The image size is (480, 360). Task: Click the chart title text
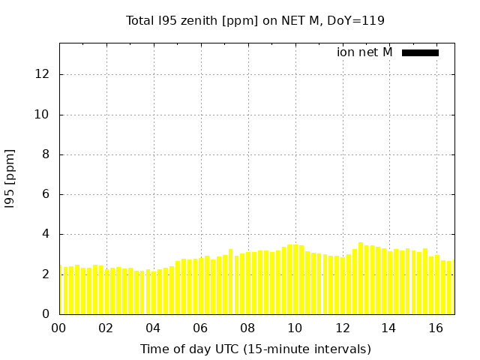(255, 20)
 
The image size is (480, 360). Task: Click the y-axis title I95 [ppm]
(10, 178)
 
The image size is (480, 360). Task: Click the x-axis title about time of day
(255, 349)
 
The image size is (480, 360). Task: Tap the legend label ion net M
(364, 52)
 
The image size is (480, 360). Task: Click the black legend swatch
(420, 52)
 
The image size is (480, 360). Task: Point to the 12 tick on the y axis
(42, 75)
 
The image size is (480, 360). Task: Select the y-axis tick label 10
(42, 115)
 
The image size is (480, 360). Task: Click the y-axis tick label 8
(46, 154)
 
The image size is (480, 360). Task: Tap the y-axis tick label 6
(46, 194)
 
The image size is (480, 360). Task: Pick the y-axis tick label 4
(46, 234)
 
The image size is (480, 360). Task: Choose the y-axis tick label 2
(46, 274)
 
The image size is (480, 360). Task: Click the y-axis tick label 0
(46, 314)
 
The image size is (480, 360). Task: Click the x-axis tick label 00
(58, 328)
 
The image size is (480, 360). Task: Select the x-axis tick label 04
(153, 328)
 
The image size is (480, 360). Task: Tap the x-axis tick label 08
(247, 328)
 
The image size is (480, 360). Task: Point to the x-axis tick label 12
(342, 328)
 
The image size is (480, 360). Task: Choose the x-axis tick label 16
(436, 328)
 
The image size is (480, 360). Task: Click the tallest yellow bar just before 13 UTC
(360, 279)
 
